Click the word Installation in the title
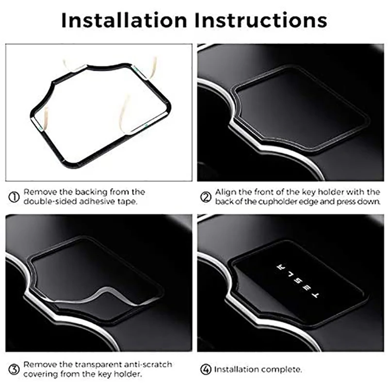point(124,20)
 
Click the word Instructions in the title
point(261,20)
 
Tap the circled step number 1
point(14,197)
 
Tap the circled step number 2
point(206,197)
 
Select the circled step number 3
point(14,370)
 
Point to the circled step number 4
point(206,370)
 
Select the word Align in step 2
point(224,193)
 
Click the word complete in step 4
point(282,370)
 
